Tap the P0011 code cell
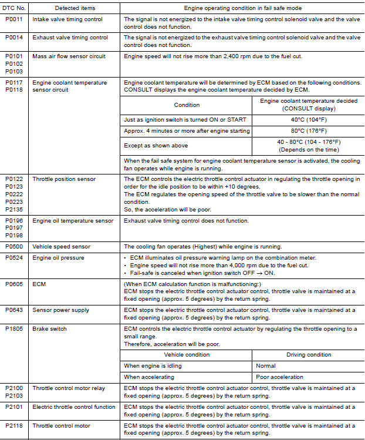[x=14, y=19]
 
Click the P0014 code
[x=14, y=37]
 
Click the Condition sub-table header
[x=187, y=105]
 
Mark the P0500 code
[x=14, y=247]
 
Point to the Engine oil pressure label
[x=58, y=257]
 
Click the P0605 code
[x=14, y=283]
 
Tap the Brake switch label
[x=49, y=329]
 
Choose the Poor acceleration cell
[x=280, y=377]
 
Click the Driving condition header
[x=308, y=355]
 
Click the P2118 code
[x=14, y=424]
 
